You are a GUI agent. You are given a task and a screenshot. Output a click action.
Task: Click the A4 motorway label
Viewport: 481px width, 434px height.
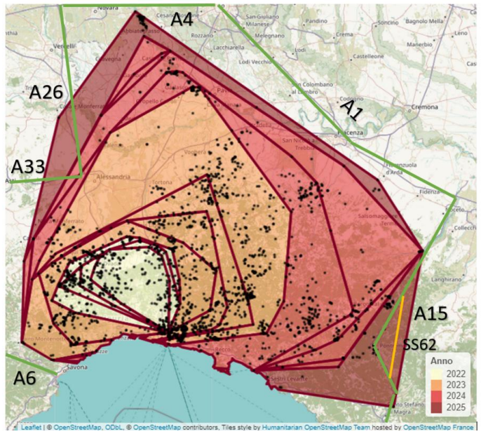pyautogui.click(x=182, y=19)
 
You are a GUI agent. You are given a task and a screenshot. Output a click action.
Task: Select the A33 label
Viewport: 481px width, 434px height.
pyautogui.click(x=28, y=166)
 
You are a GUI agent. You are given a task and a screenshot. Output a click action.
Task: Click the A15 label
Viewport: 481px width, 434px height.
pyautogui.click(x=431, y=313)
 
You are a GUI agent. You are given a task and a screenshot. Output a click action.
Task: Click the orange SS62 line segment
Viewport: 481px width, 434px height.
pyautogui.click(x=397, y=337)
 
